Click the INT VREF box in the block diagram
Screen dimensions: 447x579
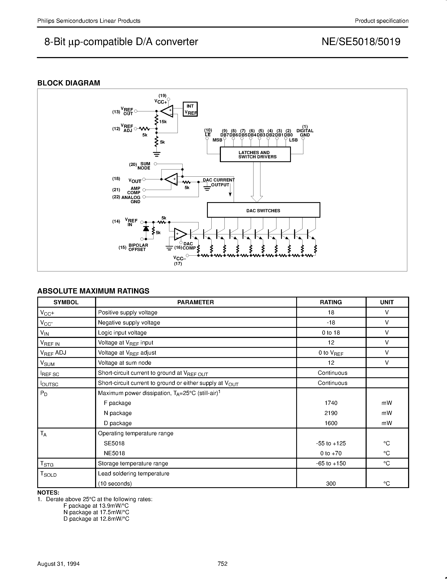pyautogui.click(x=190, y=109)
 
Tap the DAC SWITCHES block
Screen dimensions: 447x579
pyautogui.click(x=263, y=211)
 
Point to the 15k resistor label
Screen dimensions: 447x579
pyautogui.click(x=163, y=122)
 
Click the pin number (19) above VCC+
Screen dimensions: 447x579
pyautogui.click(x=162, y=95)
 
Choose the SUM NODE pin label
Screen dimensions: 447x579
pyautogui.click(x=144, y=166)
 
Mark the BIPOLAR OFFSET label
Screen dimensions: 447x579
pyautogui.click(x=138, y=247)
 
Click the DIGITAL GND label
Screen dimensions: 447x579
pyautogui.click(x=305, y=133)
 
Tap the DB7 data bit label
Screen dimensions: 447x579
pyautogui.click(x=225, y=135)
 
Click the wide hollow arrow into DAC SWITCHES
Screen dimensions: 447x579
pyautogui.click(x=257, y=183)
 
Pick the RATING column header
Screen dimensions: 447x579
pyautogui.click(x=331, y=302)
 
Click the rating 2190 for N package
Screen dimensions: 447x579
pyautogui.click(x=331, y=413)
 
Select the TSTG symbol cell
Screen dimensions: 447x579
pyautogui.click(x=47, y=464)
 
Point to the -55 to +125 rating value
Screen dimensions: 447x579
pyautogui.click(x=331, y=443)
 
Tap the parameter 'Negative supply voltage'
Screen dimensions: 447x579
pyautogui.click(x=129, y=322)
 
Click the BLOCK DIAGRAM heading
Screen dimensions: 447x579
pyautogui.click(x=69, y=83)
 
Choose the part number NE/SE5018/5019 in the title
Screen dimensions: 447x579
pyautogui.click(x=361, y=42)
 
